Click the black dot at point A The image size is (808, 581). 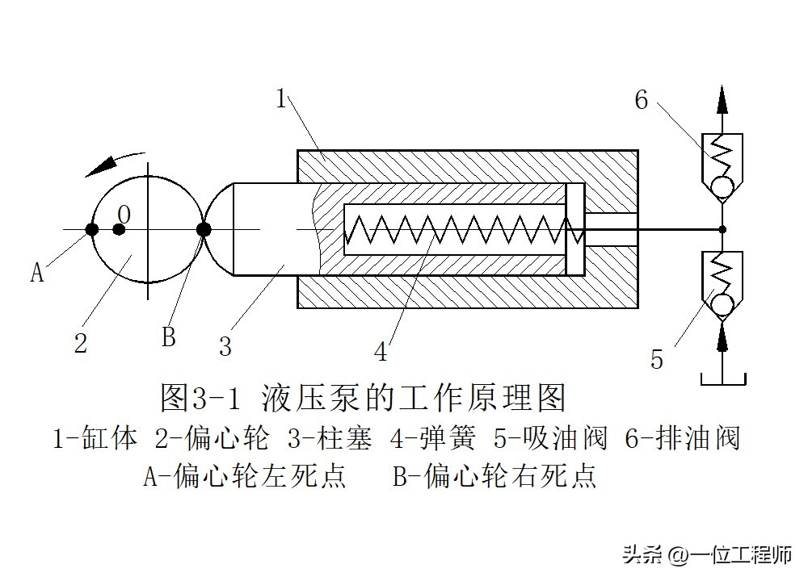coord(92,230)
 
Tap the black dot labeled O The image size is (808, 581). coord(119,230)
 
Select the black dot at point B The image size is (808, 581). coord(204,230)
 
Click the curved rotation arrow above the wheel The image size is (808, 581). coord(116,161)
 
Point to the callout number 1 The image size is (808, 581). coord(281,99)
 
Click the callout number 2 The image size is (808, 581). coord(80,343)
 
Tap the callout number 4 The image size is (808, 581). coord(380,353)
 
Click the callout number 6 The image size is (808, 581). coord(642,100)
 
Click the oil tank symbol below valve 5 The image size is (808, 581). coord(722,378)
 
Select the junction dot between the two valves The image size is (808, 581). coord(722,230)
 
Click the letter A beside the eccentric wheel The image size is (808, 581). coord(37,273)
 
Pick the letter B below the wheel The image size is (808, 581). coord(168,336)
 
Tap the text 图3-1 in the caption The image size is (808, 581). coord(202,397)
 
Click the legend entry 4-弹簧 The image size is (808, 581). coord(423,439)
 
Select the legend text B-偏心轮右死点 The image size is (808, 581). coord(495,476)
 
